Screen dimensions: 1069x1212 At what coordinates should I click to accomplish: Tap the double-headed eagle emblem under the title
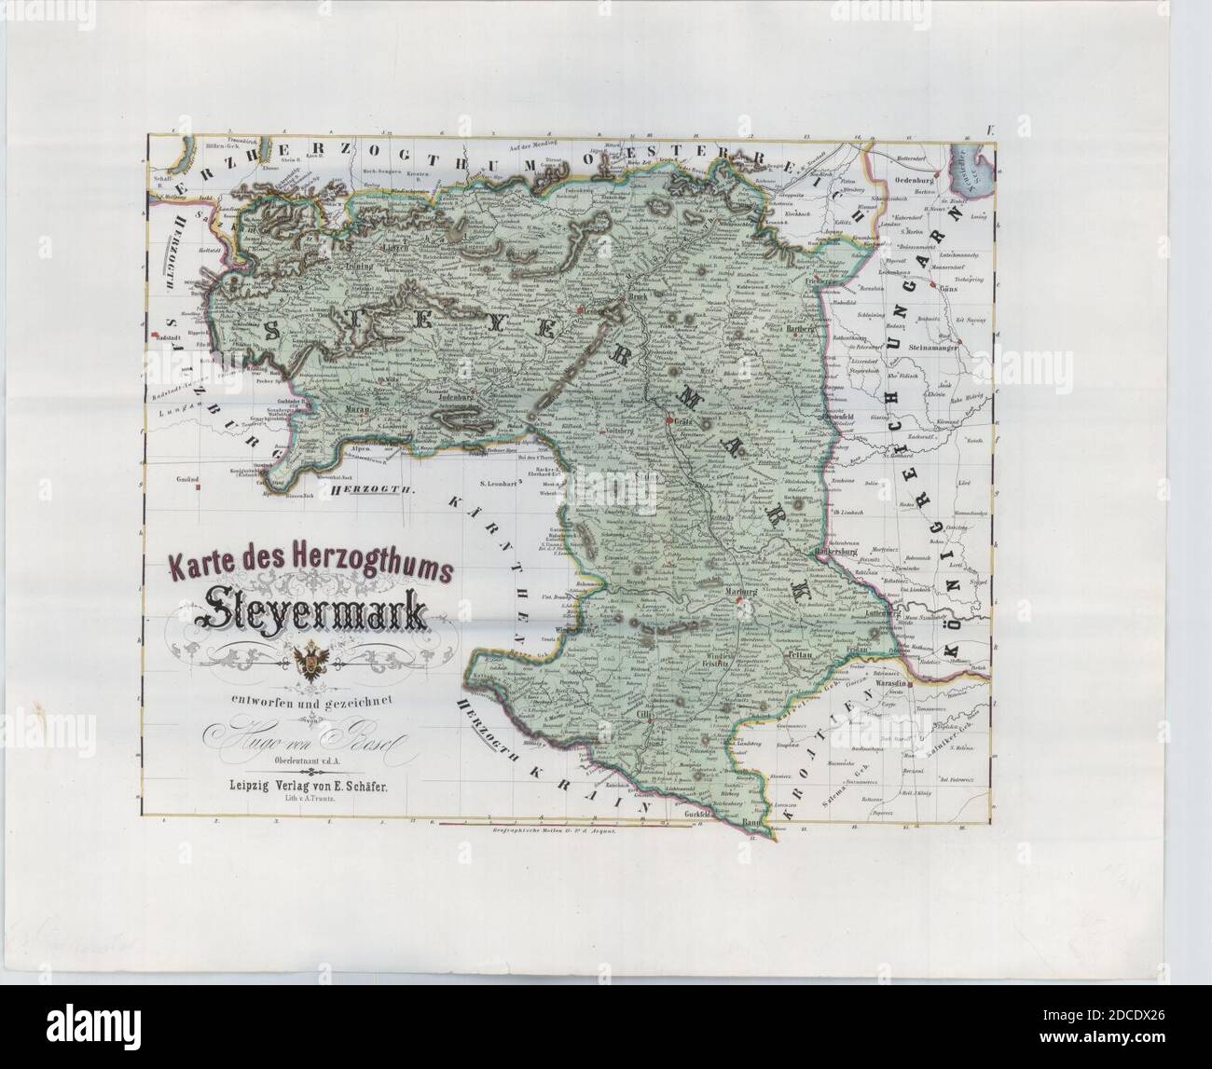(x=307, y=661)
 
